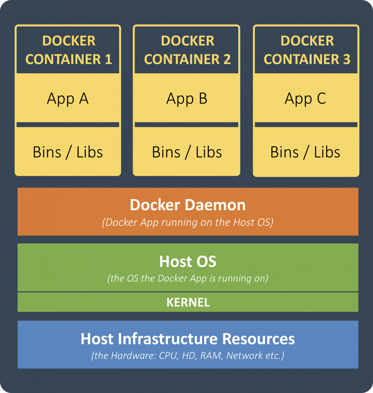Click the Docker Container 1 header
68,50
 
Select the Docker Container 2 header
187,50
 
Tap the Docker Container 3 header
307,50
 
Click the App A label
68,99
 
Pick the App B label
187,99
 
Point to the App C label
305,99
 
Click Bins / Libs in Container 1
68,152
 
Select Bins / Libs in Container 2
187,152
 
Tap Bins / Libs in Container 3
305,152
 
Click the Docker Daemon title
187,205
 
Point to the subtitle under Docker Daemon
187,223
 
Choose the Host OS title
187,262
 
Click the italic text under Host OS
187,278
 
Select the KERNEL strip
188,302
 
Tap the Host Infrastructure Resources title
187,339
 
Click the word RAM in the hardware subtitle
211,356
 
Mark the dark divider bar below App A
68,125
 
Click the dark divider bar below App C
306,125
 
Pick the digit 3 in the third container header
346,59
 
